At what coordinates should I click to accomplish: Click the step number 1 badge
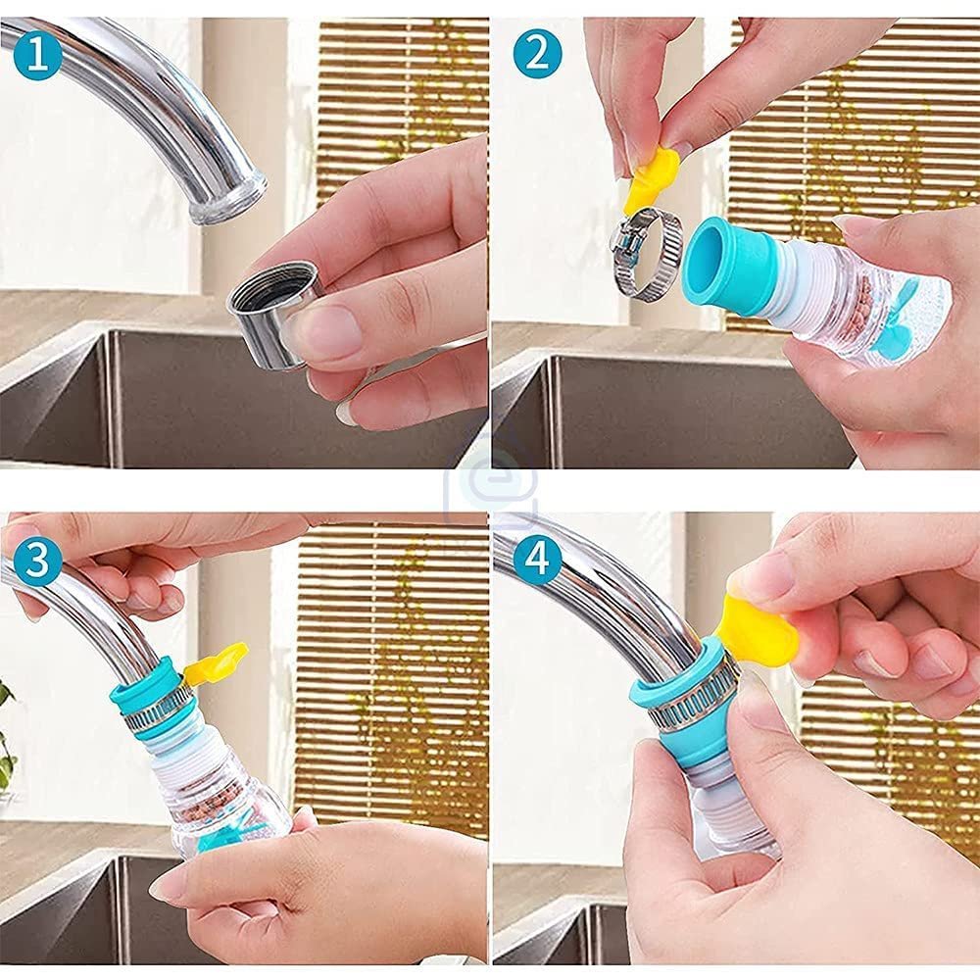(x=38, y=55)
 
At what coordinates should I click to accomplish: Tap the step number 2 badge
(x=537, y=54)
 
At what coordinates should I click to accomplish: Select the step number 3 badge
(x=38, y=560)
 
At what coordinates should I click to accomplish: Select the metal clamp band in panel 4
(x=688, y=700)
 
